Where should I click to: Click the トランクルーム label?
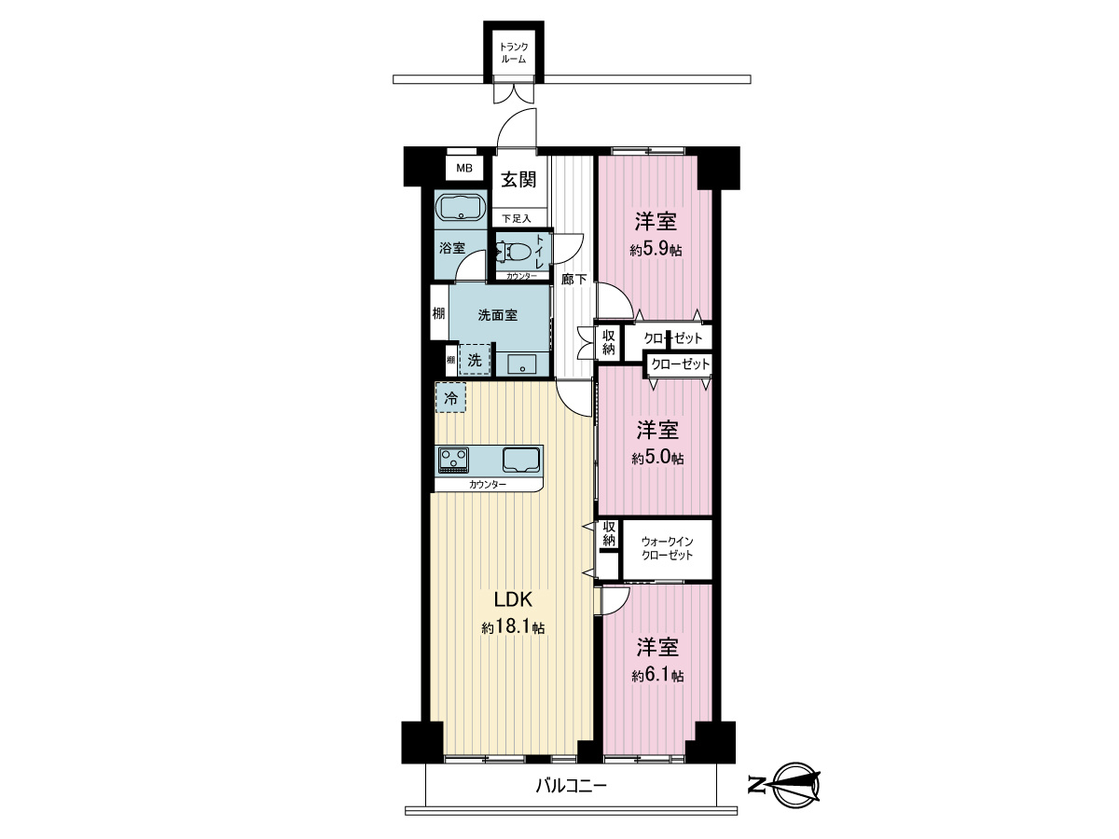tap(514, 52)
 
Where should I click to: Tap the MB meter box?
tap(463, 168)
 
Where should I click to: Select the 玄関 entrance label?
tap(518, 179)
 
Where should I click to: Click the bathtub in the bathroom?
tap(462, 207)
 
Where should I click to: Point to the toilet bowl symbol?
tap(515, 252)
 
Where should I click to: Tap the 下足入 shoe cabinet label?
tap(517, 218)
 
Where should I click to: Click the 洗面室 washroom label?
tap(498, 315)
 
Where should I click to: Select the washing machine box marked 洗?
tap(475, 360)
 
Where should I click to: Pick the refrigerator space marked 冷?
tap(450, 398)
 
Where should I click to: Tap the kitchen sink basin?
tap(521, 460)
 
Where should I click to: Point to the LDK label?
tap(513, 600)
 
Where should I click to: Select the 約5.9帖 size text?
tap(656, 250)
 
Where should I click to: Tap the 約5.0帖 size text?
tap(657, 458)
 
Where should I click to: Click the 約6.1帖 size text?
tap(657, 676)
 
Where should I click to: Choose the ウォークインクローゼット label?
tap(668, 548)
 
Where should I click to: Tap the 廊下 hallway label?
tap(574, 279)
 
